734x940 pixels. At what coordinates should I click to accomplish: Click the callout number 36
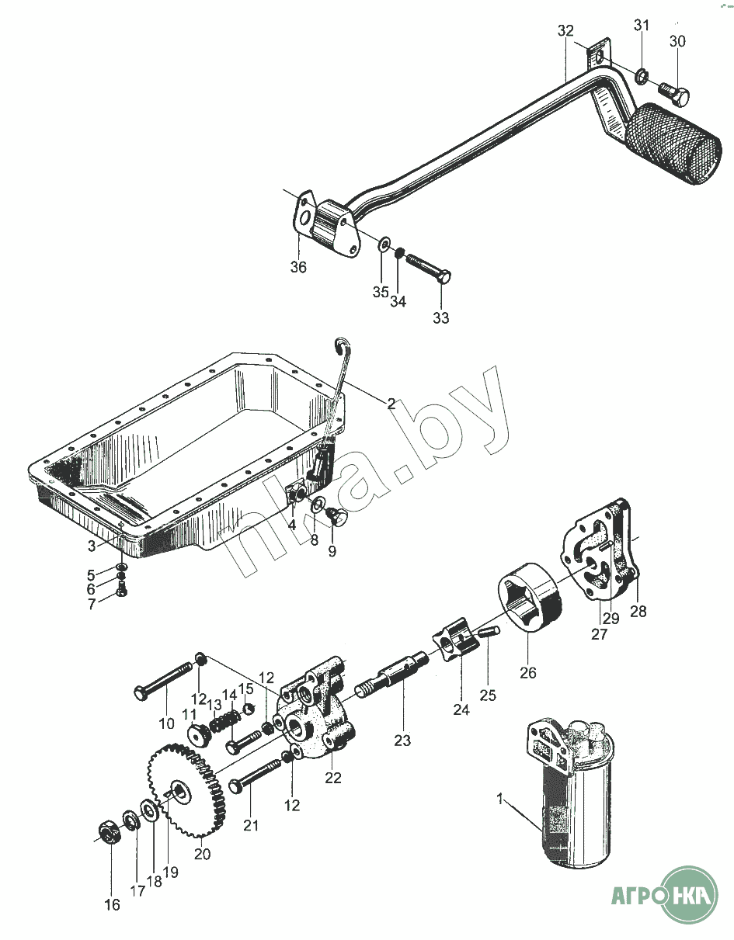pyautogui.click(x=298, y=268)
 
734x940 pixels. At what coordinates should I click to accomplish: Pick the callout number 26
pyautogui.click(x=528, y=673)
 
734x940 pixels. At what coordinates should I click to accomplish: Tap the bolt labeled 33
pyautogui.click(x=428, y=267)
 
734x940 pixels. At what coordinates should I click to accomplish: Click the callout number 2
pyautogui.click(x=391, y=404)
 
